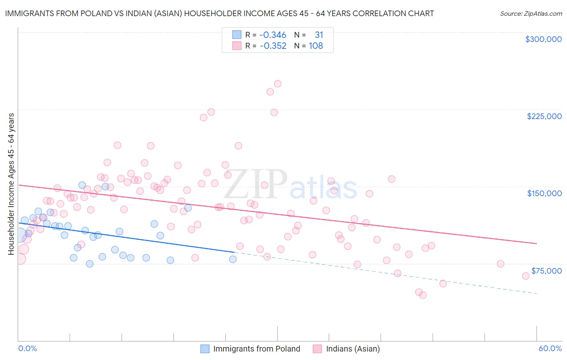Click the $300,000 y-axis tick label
pyautogui.click(x=543, y=39)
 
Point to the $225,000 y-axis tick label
pyautogui.click(x=544, y=116)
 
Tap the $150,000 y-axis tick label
pyautogui.click(x=544, y=193)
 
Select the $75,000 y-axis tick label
pyautogui.click(x=546, y=271)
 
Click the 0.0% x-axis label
pyautogui.click(x=28, y=349)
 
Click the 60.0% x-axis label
pyautogui.click(x=550, y=349)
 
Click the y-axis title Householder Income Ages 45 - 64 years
pyautogui.click(x=11, y=184)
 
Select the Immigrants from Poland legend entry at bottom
pyautogui.click(x=256, y=349)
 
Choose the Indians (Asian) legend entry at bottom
pyautogui.click(x=352, y=349)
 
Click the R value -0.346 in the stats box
pyautogui.click(x=273, y=35)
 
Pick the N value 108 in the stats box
pyautogui.click(x=316, y=46)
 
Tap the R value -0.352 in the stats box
pyautogui.click(x=273, y=46)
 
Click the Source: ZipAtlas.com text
pyautogui.click(x=531, y=14)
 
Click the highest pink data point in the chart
pyautogui.click(x=277, y=84)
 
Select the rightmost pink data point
pyautogui.click(x=525, y=276)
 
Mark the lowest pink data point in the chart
pyautogui.click(x=423, y=295)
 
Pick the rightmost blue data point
pyautogui.click(x=233, y=259)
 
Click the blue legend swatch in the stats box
pyautogui.click(x=237, y=35)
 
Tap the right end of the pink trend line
pyautogui.click(x=537, y=244)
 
